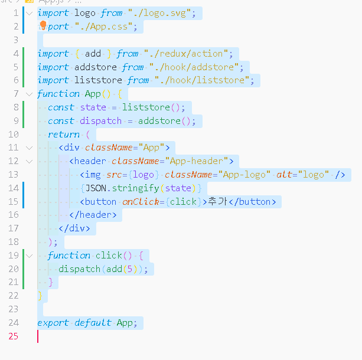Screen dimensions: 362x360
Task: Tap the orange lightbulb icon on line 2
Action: coord(43,25)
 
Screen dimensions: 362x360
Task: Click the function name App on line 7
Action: coord(93,94)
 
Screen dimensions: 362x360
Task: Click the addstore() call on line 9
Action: coord(167,121)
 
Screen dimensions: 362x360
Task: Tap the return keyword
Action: coord(64,135)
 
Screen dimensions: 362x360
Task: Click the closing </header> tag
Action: coord(98,215)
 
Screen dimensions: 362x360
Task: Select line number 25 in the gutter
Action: coord(13,336)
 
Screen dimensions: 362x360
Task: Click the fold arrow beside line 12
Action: coord(30,161)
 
